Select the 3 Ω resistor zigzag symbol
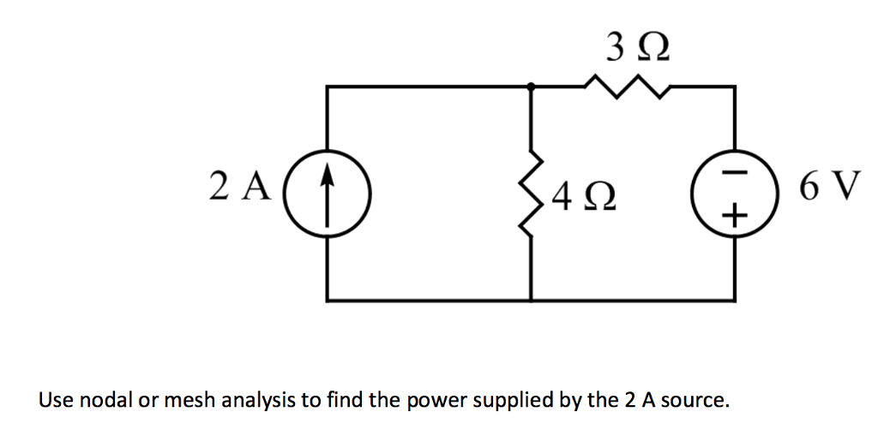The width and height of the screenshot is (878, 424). tap(629, 85)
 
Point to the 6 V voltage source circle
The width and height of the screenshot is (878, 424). tap(733, 194)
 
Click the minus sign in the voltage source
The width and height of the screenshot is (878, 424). tap(733, 174)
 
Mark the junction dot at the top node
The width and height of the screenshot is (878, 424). tap(532, 86)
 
